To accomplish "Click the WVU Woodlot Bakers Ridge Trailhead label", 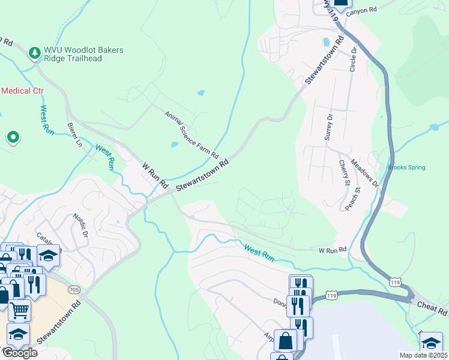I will click(x=83, y=54).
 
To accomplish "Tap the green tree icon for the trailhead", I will click(x=35, y=53).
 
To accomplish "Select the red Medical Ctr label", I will click(x=22, y=91).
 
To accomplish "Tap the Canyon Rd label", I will click(x=364, y=10).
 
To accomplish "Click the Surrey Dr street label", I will click(x=328, y=127).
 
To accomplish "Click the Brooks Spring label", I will click(x=406, y=167).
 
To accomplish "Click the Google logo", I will click(x=19, y=353).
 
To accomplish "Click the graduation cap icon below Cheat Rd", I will click(x=430, y=343).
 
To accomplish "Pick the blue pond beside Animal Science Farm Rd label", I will click(x=174, y=145).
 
